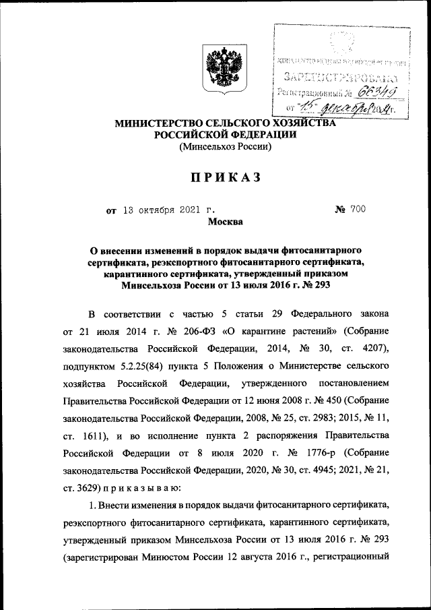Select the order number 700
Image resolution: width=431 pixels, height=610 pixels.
click(x=356, y=210)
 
